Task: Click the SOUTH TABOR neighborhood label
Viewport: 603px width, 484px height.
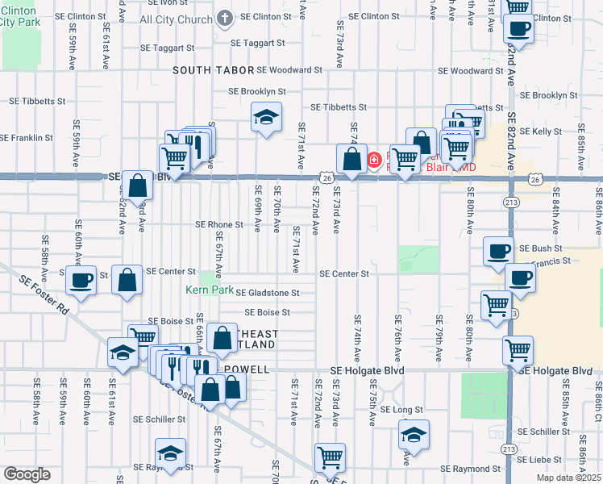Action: pos(213,70)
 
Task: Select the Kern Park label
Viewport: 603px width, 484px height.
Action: pos(203,288)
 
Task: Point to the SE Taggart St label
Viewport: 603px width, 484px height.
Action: pos(257,43)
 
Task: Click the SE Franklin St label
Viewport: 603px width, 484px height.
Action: pos(27,137)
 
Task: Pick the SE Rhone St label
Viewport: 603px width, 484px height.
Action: pos(218,224)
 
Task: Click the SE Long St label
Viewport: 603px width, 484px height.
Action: pos(401,410)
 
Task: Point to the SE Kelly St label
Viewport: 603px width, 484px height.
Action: pos(541,131)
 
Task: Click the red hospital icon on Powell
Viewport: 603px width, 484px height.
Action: pos(374,160)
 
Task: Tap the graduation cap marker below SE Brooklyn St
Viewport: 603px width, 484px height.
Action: pos(266,118)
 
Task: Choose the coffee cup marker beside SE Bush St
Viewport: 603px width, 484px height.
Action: pos(498,251)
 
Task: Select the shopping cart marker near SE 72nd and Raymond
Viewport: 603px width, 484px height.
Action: pos(330,458)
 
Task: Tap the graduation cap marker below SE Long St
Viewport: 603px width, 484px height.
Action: pos(414,435)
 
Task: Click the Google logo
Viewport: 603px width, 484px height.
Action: pos(27,474)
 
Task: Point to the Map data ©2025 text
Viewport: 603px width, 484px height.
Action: pos(568,478)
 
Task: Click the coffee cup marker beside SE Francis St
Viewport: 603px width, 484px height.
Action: pos(519,279)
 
